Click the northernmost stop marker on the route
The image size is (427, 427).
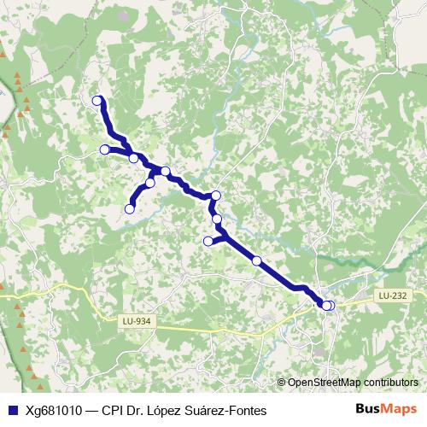[x=97, y=101]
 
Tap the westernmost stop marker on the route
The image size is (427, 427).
[x=105, y=149]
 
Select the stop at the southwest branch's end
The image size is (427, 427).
[x=131, y=208]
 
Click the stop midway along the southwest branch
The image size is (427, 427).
[x=150, y=183]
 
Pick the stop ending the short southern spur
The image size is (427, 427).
[x=208, y=241]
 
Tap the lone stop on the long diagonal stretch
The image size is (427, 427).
[x=256, y=260]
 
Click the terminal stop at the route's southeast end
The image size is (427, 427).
[x=329, y=305]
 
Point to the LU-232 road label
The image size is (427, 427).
[x=392, y=295]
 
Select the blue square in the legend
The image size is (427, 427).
[x=12, y=410]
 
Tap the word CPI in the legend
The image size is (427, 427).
[x=114, y=410]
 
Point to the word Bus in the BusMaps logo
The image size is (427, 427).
[x=368, y=409]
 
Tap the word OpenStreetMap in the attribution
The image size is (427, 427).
[x=325, y=382]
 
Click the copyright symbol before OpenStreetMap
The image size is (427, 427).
[x=283, y=382]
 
